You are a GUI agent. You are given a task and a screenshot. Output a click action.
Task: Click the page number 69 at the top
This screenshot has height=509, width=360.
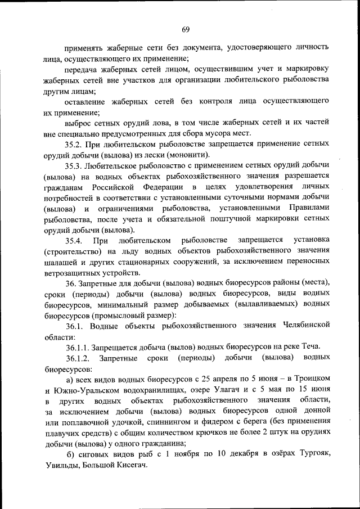[186, 29]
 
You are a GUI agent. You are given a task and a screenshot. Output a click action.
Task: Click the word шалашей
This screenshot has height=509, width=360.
[61, 262]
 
